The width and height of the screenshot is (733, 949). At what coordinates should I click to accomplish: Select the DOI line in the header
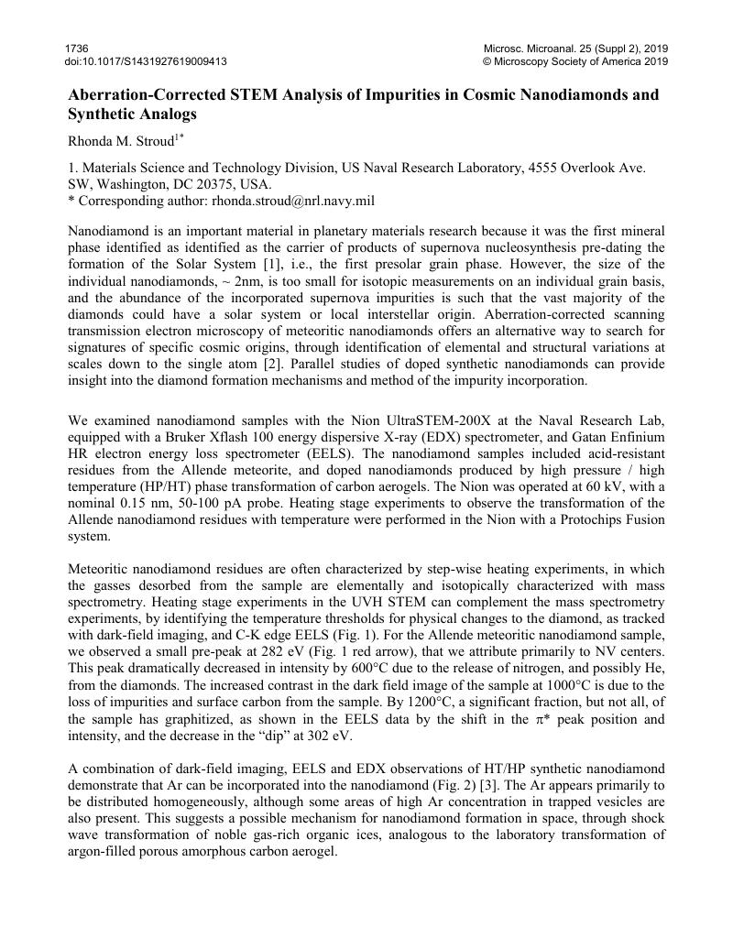(147, 61)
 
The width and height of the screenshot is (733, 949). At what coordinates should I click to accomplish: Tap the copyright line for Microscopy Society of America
(574, 61)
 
